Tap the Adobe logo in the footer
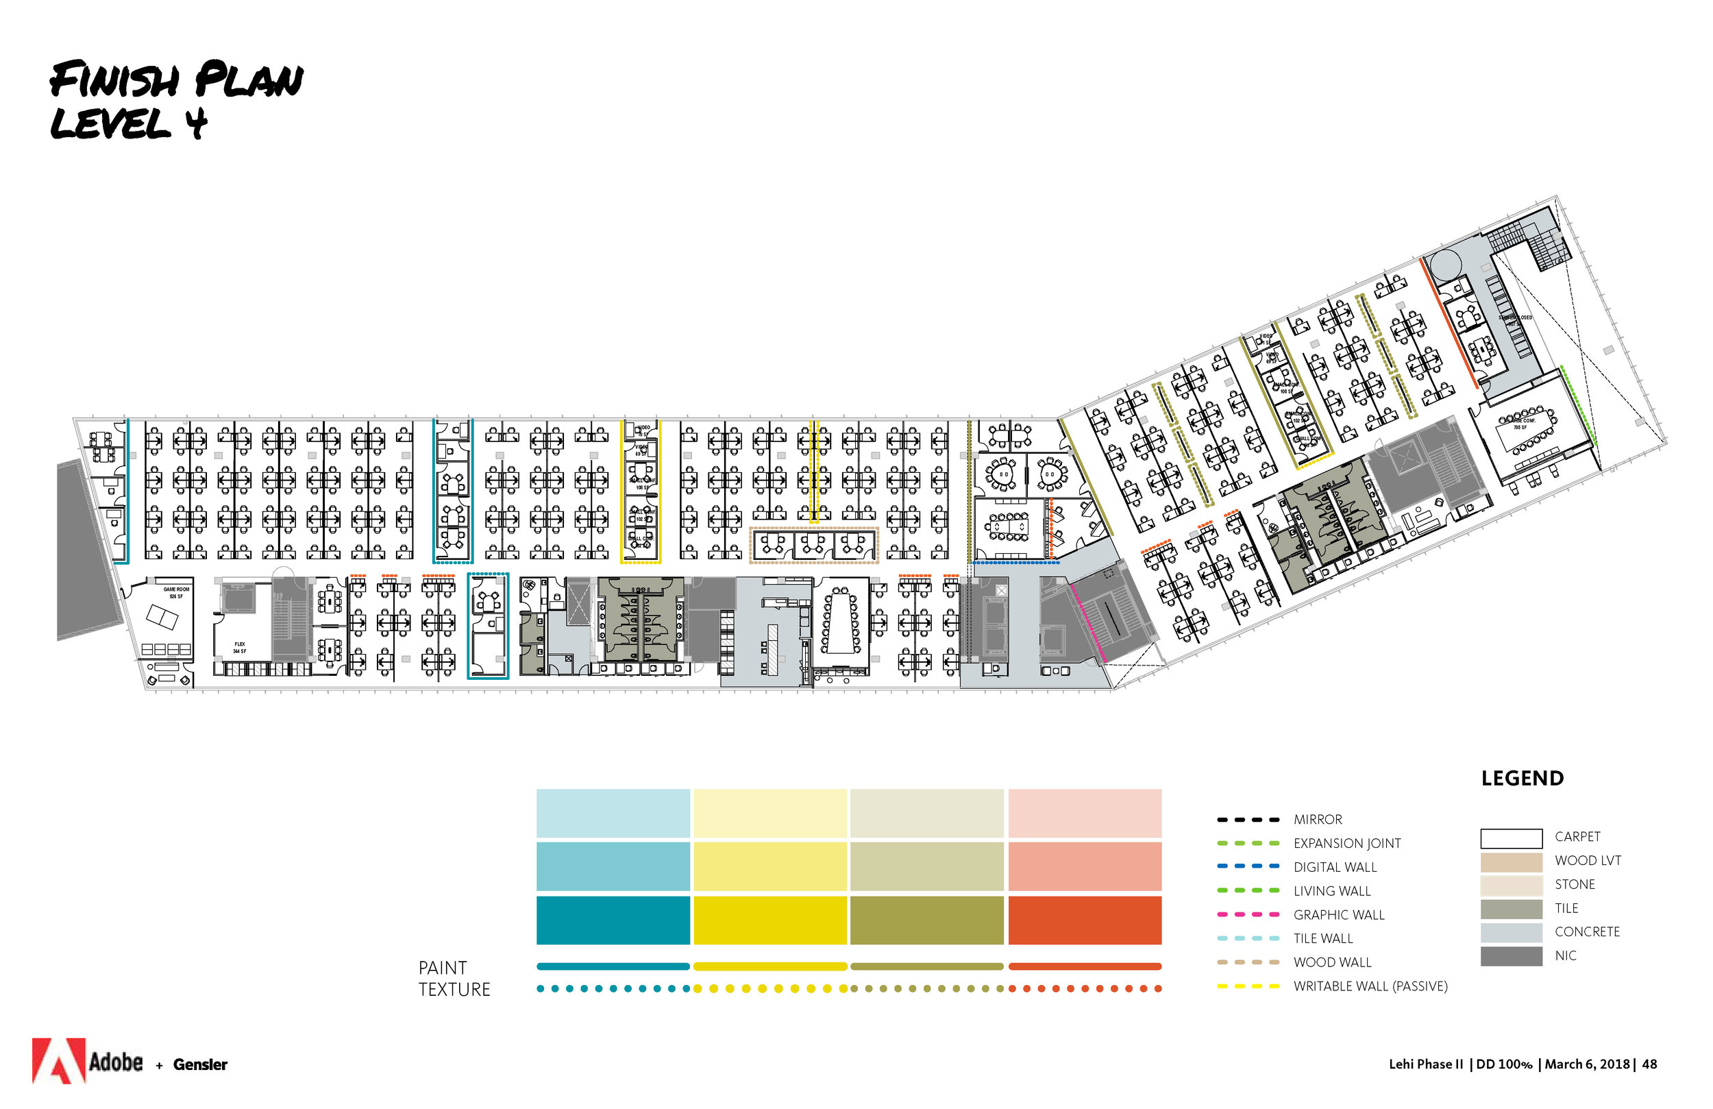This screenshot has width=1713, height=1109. tap(86, 1061)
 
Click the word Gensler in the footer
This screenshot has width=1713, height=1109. tap(200, 1064)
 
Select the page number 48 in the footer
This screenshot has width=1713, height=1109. tap(1650, 1064)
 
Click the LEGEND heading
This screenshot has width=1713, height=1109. tap(1523, 779)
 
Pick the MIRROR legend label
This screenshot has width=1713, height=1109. tap(1317, 820)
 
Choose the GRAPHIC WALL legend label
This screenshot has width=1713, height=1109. tap(1339, 914)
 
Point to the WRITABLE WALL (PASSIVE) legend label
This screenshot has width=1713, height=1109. tap(1370, 986)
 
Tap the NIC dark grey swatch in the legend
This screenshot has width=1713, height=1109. tap(1512, 955)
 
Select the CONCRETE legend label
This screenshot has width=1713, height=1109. tap(1587, 932)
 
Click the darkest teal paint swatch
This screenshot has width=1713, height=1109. tap(613, 920)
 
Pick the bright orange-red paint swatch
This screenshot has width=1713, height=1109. tap(1085, 920)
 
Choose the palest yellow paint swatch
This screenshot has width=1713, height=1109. tap(770, 813)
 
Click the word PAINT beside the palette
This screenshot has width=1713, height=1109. tap(443, 968)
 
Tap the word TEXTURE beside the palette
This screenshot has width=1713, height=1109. tap(454, 990)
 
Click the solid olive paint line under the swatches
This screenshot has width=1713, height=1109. tap(927, 966)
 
